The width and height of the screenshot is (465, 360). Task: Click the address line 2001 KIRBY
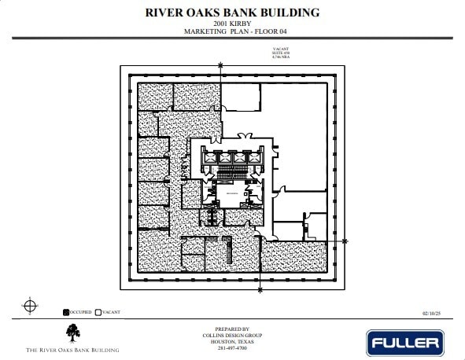coord(232,24)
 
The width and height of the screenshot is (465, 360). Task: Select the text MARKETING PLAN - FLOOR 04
coord(232,32)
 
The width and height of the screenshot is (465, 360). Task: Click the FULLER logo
coord(404,343)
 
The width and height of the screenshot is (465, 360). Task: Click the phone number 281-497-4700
coord(231,348)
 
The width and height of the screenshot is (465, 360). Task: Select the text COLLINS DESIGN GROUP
coord(231,336)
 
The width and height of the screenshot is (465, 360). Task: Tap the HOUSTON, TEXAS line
coord(231,342)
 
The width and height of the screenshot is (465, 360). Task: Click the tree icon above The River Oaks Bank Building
coord(72,334)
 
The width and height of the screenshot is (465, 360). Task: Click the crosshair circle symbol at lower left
coord(29,305)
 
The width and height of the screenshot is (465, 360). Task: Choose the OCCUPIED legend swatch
coord(67,313)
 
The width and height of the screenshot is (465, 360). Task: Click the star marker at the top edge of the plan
coord(220,68)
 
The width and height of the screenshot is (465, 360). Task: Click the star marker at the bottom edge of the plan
coord(260,291)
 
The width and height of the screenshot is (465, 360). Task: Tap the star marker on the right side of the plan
coord(345,241)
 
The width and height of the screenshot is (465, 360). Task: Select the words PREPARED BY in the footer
coord(231,329)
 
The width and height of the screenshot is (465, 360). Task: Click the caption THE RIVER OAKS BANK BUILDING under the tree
coord(72,349)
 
